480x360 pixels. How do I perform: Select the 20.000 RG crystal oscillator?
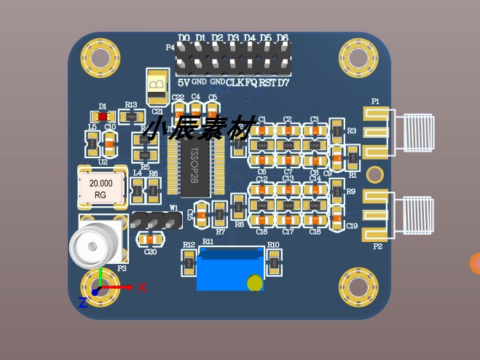coord(101,189)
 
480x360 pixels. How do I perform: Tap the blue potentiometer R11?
coord(230,269)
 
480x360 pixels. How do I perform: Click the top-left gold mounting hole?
coord(100,58)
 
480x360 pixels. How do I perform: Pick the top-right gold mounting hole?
coord(358,58)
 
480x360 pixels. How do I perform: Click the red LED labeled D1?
coord(103,117)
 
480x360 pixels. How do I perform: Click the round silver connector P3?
coord(94,246)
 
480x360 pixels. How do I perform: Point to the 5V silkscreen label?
coord(184,83)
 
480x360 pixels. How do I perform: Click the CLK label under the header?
coord(235,83)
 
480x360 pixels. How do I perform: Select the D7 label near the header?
coord(283,83)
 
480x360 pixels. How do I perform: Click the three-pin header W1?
coord(157,219)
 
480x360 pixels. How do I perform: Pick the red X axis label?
coord(142,287)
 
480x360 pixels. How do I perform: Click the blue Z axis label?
coord(82,302)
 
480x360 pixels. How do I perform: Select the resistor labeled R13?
coord(131,117)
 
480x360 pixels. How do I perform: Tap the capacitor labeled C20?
coord(150,239)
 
